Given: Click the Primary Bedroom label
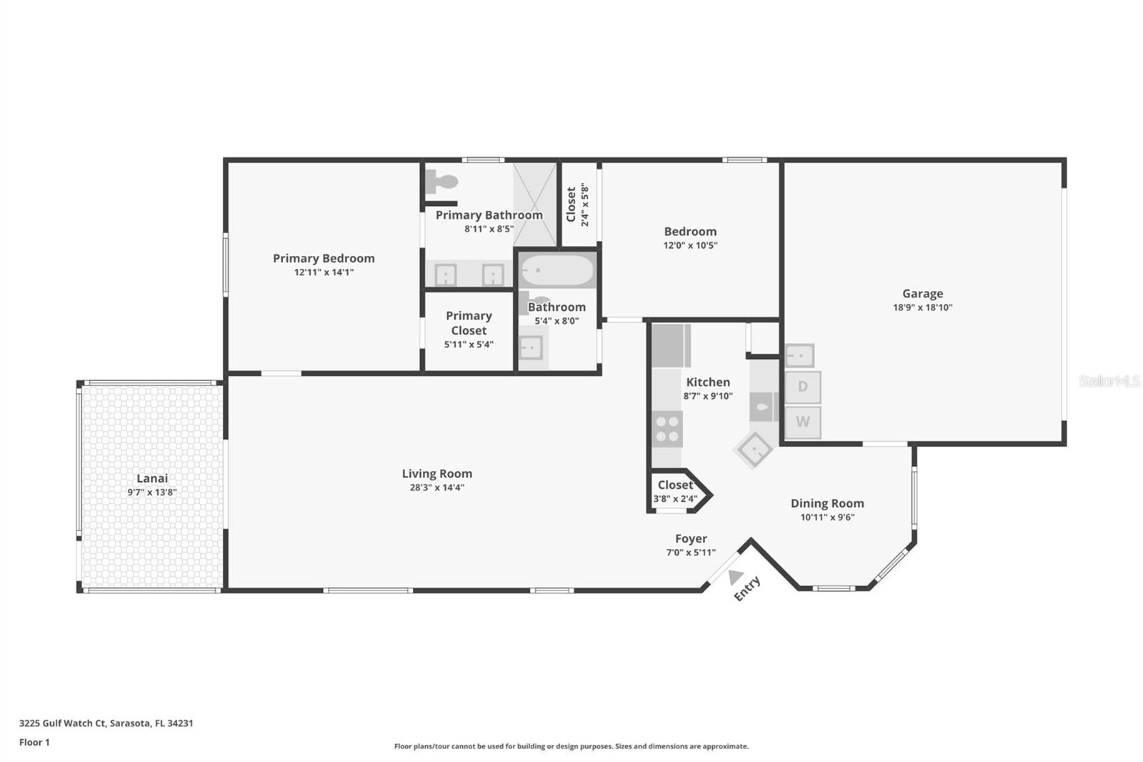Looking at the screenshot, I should click(x=324, y=258).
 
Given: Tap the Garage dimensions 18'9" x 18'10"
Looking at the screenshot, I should click(x=922, y=307).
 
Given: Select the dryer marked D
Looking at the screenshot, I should click(x=803, y=387).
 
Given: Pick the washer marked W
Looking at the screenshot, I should click(x=803, y=422).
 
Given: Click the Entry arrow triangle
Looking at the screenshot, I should click(x=735, y=575).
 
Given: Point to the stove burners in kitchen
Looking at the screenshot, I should click(x=667, y=428).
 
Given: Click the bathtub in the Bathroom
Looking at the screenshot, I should click(x=556, y=271).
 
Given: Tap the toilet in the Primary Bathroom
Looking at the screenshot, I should click(x=440, y=182).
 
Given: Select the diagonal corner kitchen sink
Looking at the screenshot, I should click(x=753, y=449).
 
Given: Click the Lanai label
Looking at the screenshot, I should click(x=152, y=478).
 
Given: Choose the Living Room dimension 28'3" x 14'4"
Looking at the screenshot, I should click(x=436, y=488).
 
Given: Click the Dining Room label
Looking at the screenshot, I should click(x=827, y=503).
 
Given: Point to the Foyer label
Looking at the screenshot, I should click(x=691, y=538).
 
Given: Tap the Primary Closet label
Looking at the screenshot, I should click(x=469, y=323).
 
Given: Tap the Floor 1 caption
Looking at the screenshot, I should click(x=34, y=742).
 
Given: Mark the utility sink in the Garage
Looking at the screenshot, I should click(x=799, y=355).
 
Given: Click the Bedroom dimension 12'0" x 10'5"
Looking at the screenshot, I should click(x=690, y=245).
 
